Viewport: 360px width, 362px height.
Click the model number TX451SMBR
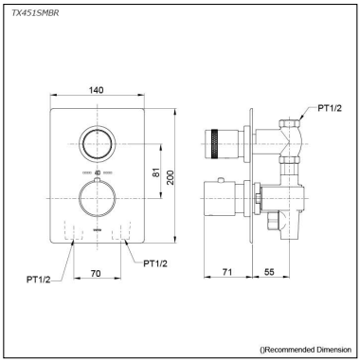tap(35, 13)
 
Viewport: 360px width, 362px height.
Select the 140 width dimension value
tap(96, 90)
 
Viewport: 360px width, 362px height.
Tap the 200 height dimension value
tap(170, 177)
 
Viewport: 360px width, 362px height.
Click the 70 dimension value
tap(96, 273)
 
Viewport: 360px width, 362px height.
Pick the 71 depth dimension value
tap(227, 272)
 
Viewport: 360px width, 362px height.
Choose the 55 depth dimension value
tap(269, 272)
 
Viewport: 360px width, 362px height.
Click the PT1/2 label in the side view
tap(330, 108)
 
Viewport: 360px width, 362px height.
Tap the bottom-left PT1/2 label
tap(38, 280)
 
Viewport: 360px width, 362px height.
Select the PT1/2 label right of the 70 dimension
tap(155, 263)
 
